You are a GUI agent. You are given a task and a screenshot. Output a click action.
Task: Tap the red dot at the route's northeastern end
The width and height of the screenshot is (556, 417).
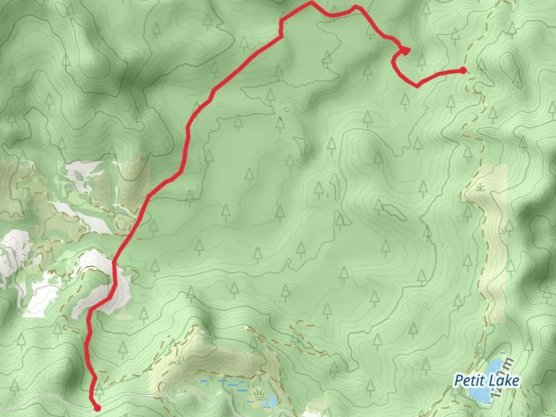(463, 70)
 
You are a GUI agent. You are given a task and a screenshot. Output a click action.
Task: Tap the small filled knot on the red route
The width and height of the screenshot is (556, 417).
(405, 51)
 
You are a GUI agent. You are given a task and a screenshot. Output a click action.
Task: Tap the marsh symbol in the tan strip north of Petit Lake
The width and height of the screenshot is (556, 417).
(480, 188)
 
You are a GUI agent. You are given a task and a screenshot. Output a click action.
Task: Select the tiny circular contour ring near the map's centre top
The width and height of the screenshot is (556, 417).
(286, 109)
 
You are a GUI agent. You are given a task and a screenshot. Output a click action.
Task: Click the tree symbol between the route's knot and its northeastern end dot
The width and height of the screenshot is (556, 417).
(422, 61)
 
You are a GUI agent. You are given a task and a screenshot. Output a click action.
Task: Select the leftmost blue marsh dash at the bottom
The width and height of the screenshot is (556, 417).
(204, 381)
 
